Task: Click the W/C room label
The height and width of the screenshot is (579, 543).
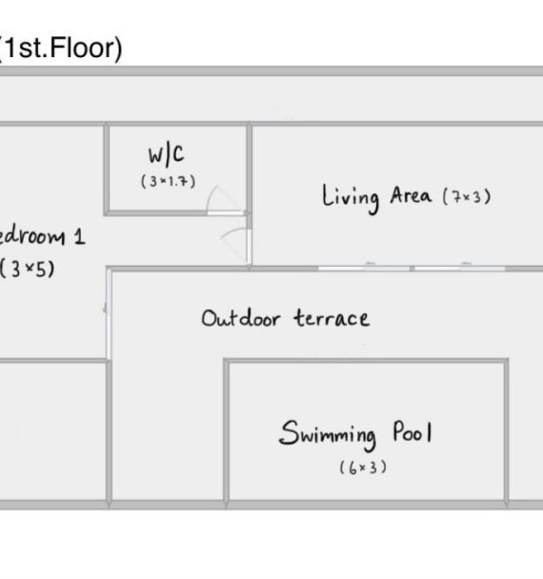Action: coord(166,154)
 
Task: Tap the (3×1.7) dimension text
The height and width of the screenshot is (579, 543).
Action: coord(169,181)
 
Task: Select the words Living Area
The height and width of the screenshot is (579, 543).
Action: coord(376,198)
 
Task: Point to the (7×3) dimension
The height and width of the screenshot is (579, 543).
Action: coord(467,197)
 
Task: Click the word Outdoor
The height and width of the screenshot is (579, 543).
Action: coord(240,318)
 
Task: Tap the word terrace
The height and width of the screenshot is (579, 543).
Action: coord(332,318)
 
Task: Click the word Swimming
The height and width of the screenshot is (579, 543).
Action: coord(328,434)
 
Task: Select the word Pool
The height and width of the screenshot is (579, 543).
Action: coord(412,431)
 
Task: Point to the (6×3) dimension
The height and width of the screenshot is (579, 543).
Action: coord(363,468)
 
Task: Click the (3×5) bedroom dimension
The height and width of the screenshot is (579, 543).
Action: coord(27,269)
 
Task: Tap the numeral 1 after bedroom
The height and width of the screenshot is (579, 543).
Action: coord(79,236)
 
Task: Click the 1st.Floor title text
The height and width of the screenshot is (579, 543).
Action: coord(61,49)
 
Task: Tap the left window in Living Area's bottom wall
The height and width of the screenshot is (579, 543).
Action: coord(364,269)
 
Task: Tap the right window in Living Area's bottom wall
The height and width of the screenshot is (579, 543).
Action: coord(460,269)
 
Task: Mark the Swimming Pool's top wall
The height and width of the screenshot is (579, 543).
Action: coord(366,361)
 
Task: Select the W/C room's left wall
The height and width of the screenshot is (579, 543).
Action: coord(107,169)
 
